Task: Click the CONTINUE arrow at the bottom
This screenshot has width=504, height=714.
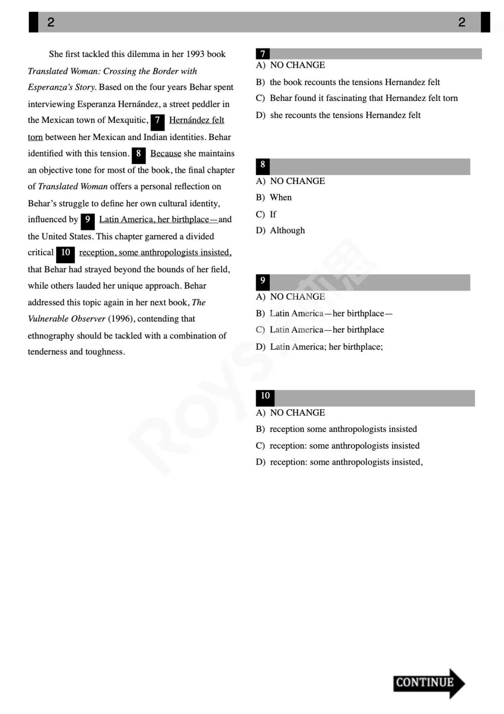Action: [x=428, y=683]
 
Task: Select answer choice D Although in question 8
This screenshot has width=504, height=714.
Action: [x=287, y=231]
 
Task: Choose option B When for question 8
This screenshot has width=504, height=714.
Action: [x=280, y=198]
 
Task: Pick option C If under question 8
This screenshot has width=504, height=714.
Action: [x=273, y=214]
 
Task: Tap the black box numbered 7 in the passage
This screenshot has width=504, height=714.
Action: [x=158, y=121]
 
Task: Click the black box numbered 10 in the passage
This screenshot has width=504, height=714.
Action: [x=65, y=253]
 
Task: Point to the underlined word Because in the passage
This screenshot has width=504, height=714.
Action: [x=166, y=154]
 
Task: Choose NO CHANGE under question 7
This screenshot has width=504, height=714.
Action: [x=297, y=65]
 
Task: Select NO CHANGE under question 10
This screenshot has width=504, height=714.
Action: [x=297, y=413]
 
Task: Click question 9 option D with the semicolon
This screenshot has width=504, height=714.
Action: [x=326, y=347]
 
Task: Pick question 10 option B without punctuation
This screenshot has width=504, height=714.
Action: [x=343, y=429]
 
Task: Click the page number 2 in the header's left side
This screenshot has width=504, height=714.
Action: [x=51, y=22]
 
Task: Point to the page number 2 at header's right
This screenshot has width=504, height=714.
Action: [x=462, y=22]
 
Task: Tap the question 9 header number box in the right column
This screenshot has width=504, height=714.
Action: [x=263, y=281]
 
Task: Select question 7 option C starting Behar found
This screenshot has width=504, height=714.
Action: [x=363, y=98]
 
